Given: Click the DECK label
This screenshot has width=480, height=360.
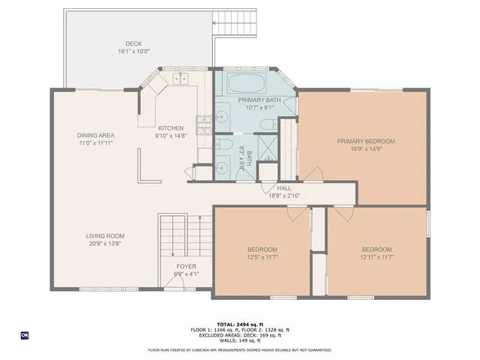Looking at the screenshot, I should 133,43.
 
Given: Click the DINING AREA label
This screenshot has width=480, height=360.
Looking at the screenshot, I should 94,135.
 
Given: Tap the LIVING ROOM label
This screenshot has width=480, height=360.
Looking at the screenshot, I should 104,235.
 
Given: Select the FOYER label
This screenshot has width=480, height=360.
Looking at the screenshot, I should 186,266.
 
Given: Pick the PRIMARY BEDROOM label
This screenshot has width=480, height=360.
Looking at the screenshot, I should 365,141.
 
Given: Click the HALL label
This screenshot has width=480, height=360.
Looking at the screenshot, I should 284,188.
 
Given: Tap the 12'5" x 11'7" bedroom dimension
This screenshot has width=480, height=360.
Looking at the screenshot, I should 262,257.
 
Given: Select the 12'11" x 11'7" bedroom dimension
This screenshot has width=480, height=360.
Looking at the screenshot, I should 376,257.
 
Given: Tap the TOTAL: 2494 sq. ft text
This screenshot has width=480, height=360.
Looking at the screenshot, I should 240,323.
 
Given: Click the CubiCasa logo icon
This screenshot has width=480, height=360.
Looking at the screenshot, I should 24,335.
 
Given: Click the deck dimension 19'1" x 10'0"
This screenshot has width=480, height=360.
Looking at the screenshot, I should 133,51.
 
